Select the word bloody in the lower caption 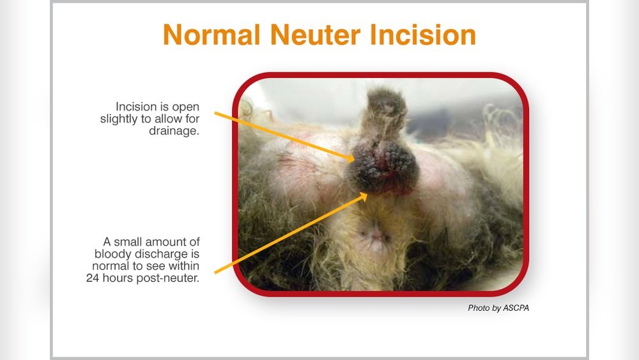pos(106,254)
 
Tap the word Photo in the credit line pos(479,308)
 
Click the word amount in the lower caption pos(172,242)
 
